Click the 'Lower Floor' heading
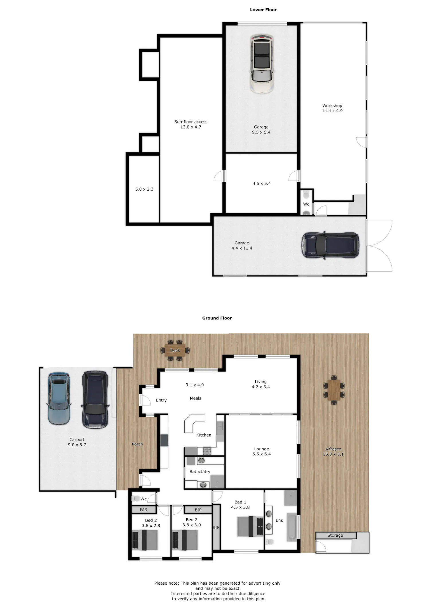coord(263,10)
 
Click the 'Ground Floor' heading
coord(217,318)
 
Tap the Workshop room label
coord(332,106)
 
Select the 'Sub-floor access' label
coord(191,122)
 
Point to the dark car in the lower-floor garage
coord(330,245)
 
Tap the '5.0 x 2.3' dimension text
coord(144,189)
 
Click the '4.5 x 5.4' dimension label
coord(261,183)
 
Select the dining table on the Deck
coord(175,350)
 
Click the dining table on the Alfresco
coord(334,390)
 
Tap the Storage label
coord(335,535)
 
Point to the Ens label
coord(279,520)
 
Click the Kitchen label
coord(204,435)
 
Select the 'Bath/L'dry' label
coord(200,472)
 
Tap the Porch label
coord(137,444)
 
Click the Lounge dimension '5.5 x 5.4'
coord(261,454)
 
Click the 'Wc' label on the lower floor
coord(306,204)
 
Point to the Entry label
coord(161,400)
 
